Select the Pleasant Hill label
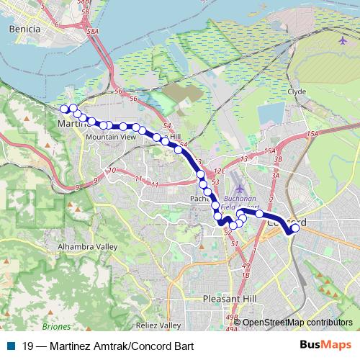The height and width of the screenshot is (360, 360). point(229,297)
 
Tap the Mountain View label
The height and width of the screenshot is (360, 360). point(109,136)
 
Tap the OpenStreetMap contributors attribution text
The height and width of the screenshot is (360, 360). point(297,323)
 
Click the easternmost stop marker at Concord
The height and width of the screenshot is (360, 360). point(295,228)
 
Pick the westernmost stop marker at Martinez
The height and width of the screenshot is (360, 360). point(64,109)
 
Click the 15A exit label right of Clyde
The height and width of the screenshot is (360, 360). point(311,135)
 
